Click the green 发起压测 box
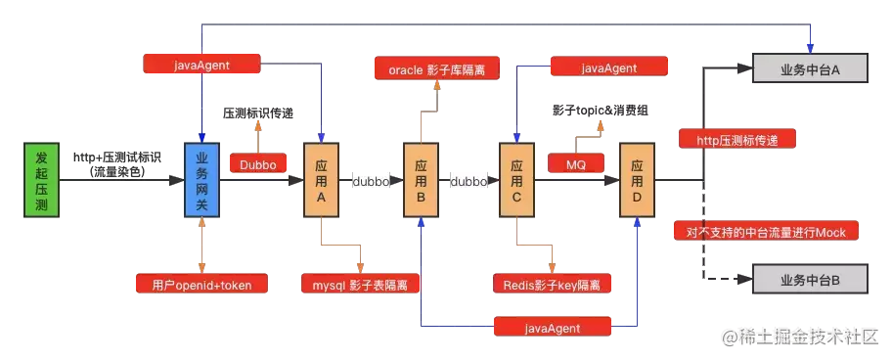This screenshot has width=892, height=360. pyautogui.click(x=41, y=180)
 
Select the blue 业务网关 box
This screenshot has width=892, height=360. pyautogui.click(x=201, y=180)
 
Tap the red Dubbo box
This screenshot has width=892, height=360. pyautogui.click(x=257, y=165)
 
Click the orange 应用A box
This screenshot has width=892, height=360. pyautogui.click(x=321, y=180)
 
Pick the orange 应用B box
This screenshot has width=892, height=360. pyautogui.click(x=419, y=180)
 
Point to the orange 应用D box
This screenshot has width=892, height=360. pyautogui.click(x=637, y=180)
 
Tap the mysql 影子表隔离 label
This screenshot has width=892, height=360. pyautogui.click(x=360, y=285)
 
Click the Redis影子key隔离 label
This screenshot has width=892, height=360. pyautogui.click(x=555, y=285)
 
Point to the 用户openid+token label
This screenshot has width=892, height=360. pyautogui.click(x=201, y=285)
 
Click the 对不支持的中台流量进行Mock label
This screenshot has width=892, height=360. pyautogui.click(x=766, y=232)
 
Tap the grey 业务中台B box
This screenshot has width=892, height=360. pyautogui.click(x=811, y=281)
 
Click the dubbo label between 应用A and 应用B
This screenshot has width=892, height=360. pyautogui.click(x=371, y=181)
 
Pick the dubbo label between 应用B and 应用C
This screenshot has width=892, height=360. pyautogui.click(x=468, y=181)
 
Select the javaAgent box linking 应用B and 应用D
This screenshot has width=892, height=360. pyautogui.click(x=554, y=326)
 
